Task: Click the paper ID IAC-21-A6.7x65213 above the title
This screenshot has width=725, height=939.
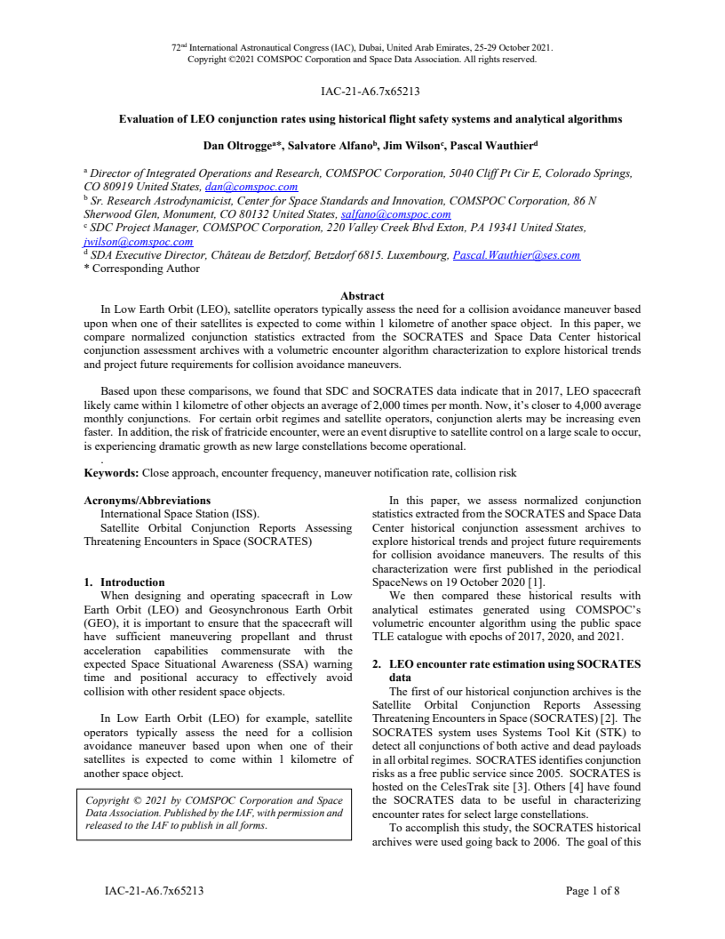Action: click(x=362, y=90)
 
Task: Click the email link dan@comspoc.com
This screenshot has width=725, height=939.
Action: click(x=251, y=188)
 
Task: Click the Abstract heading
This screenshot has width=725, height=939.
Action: click(x=362, y=296)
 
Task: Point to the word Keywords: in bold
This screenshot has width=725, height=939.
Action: click(x=112, y=473)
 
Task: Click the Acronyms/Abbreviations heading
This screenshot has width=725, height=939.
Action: click(x=147, y=501)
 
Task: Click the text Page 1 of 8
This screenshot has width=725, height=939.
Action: click(x=593, y=890)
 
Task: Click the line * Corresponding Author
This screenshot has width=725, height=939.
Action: click(x=141, y=269)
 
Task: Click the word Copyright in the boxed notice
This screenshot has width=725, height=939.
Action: click(x=108, y=801)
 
